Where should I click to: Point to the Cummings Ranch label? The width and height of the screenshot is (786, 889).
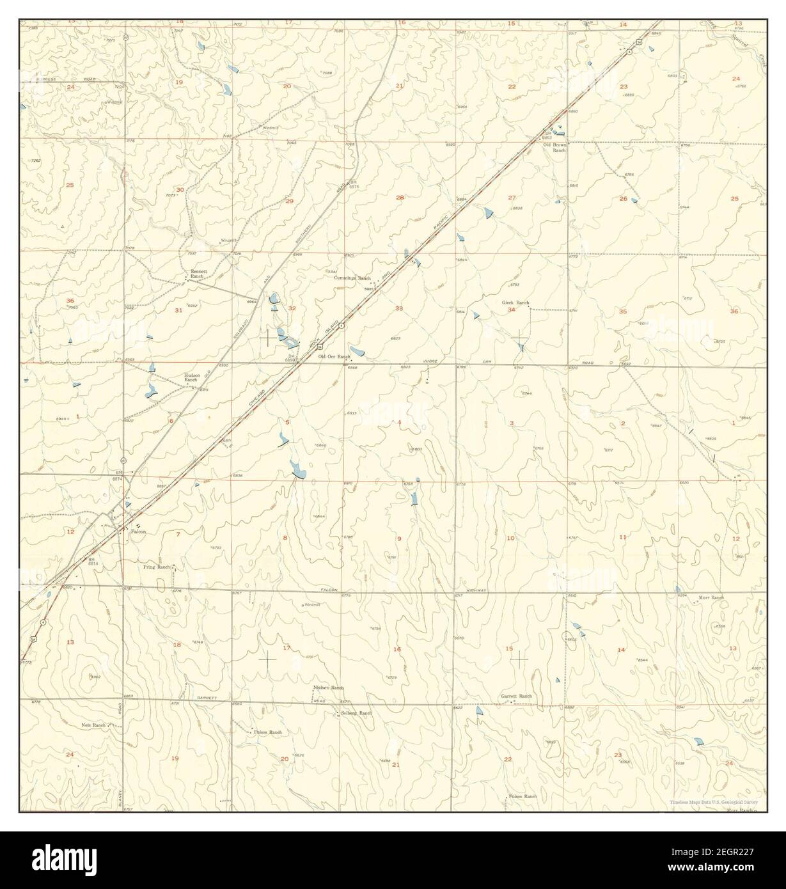click(x=352, y=278)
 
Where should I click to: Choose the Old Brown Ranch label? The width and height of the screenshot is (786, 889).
click(x=555, y=147)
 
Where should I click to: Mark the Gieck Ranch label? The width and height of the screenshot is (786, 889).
click(x=515, y=303)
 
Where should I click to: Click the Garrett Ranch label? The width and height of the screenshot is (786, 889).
click(x=517, y=696)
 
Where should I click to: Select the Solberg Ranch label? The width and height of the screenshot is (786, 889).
click(x=356, y=712)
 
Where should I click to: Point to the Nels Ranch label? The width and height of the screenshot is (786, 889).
click(x=93, y=725)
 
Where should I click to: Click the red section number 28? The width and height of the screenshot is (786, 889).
click(x=400, y=198)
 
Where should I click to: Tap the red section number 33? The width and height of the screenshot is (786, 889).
click(x=399, y=308)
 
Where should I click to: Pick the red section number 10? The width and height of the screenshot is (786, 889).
click(x=510, y=539)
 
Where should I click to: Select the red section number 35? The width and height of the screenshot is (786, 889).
click(x=623, y=311)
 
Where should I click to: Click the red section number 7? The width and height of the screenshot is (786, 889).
click(x=178, y=534)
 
